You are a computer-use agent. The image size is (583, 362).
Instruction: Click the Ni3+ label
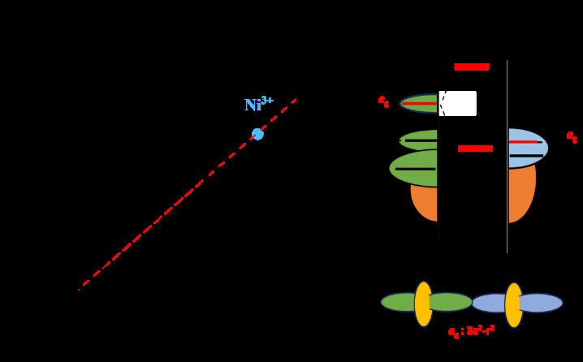(257, 105)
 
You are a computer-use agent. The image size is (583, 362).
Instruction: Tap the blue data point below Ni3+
(257, 134)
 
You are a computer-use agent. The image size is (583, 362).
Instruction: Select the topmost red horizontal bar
(472, 67)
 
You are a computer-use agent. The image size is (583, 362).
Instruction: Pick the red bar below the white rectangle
(475, 149)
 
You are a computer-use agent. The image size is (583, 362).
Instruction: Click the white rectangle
(458, 103)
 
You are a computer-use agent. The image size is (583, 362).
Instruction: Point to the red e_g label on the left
(383, 101)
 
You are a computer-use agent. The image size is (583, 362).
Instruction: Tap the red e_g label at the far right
(572, 137)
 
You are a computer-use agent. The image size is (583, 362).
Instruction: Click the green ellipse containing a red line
(418, 103)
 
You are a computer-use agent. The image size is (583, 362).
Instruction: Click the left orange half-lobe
(424, 203)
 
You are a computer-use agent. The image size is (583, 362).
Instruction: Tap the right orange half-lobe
(521, 195)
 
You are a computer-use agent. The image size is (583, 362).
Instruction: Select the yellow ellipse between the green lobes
(424, 304)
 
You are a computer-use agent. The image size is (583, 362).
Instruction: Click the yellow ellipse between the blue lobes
(514, 304)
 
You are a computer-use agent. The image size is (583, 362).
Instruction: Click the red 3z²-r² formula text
(472, 331)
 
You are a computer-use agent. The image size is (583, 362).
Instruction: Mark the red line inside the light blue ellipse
(524, 142)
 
